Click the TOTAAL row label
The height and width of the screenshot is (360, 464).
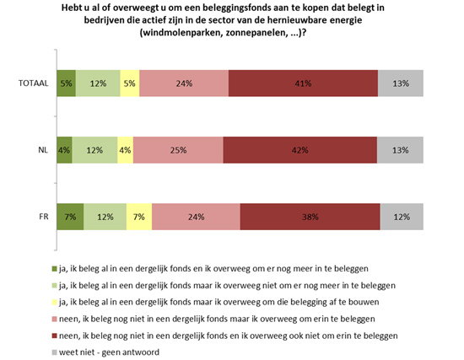(x=34, y=83)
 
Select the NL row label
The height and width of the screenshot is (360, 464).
(x=43, y=150)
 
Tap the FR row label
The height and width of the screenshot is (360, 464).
(x=44, y=217)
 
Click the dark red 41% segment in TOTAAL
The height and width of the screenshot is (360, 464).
(x=303, y=83)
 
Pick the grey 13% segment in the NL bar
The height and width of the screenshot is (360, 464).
(x=400, y=150)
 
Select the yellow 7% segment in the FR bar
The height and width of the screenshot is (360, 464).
(x=139, y=217)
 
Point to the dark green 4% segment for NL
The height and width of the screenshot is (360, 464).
(x=64, y=150)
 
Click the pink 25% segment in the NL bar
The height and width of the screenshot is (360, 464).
(x=178, y=150)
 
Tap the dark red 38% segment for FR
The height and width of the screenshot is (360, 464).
(x=310, y=217)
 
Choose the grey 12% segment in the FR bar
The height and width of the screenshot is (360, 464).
(x=402, y=217)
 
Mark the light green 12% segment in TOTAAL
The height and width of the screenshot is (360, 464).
(x=98, y=83)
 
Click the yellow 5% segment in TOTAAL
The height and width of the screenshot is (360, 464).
(x=130, y=83)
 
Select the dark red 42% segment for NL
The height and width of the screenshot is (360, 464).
(x=300, y=150)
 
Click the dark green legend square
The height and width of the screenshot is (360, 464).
(x=54, y=269)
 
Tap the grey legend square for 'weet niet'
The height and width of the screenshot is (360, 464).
(x=54, y=352)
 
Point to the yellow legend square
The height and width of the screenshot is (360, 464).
(x=54, y=303)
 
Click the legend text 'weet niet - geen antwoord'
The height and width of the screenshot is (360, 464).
(x=109, y=352)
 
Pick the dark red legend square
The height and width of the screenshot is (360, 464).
(x=54, y=336)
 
